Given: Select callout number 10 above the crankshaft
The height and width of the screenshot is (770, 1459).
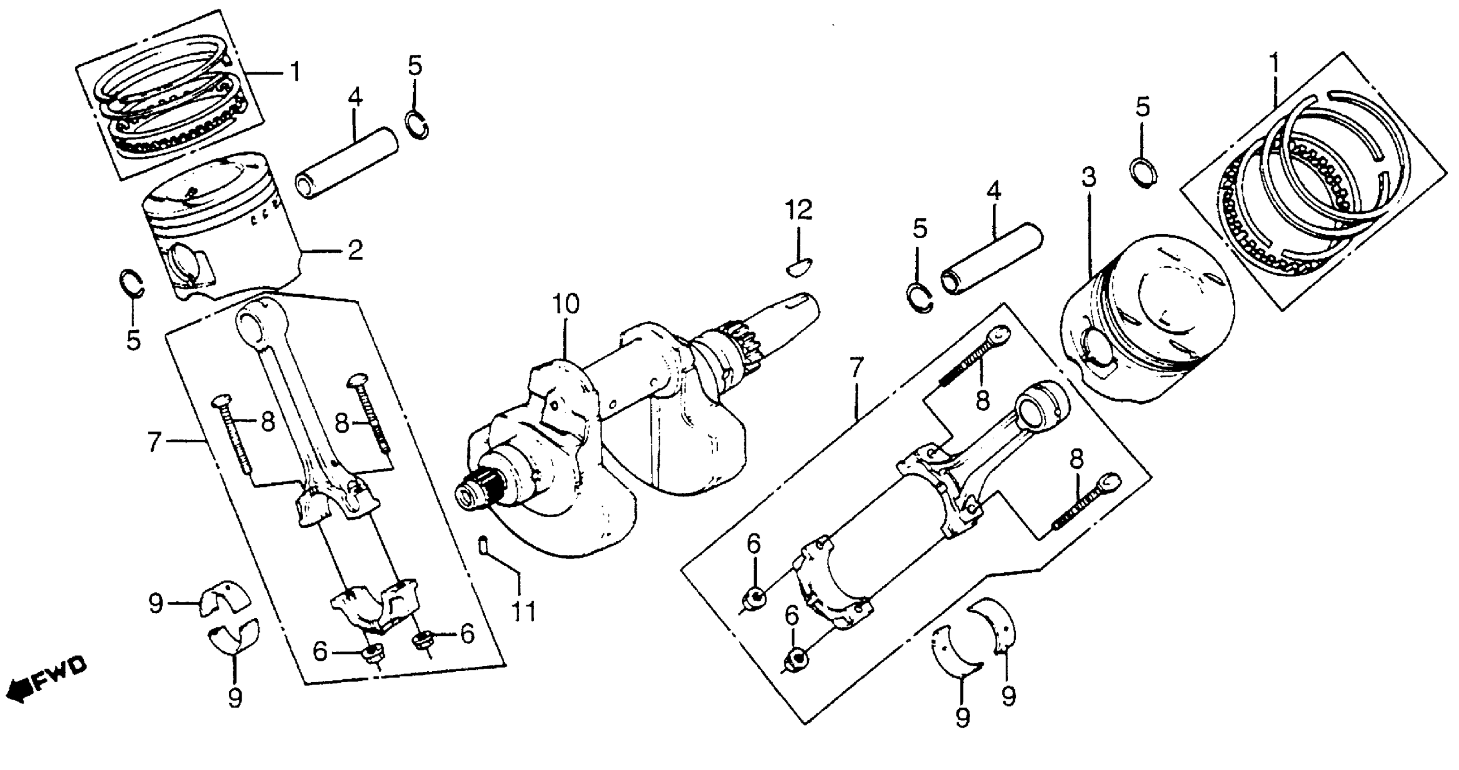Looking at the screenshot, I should coord(566,304).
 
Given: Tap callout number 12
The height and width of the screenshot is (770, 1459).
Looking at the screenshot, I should coord(798,210).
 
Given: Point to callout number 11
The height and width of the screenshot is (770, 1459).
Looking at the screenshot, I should coord(524,611).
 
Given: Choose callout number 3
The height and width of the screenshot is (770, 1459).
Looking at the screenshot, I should coord(1088,178).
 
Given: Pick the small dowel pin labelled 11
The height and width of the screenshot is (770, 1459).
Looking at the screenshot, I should coord(483,546).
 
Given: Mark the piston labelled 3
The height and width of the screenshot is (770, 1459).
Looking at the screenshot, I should coord(1150,317).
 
